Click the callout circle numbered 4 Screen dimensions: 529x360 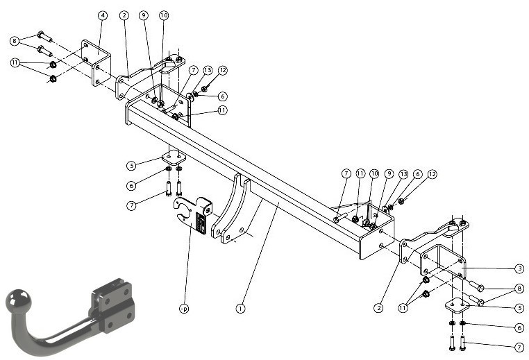(103, 15)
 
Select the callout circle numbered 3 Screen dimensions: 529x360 (519, 268)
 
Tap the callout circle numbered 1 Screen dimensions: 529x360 (240, 308)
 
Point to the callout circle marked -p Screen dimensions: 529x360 (183, 309)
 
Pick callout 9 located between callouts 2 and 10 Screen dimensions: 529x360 (144, 15)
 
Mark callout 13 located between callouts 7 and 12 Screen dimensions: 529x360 (208, 70)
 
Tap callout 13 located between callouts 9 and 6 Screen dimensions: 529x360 (403, 174)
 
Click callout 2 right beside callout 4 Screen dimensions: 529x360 (124, 15)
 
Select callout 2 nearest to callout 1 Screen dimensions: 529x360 (378, 308)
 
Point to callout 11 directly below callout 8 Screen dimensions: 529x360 (15, 62)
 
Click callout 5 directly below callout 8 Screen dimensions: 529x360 (519, 308)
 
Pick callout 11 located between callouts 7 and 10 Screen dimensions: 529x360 (360, 173)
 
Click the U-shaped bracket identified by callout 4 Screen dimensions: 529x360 (96, 62)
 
